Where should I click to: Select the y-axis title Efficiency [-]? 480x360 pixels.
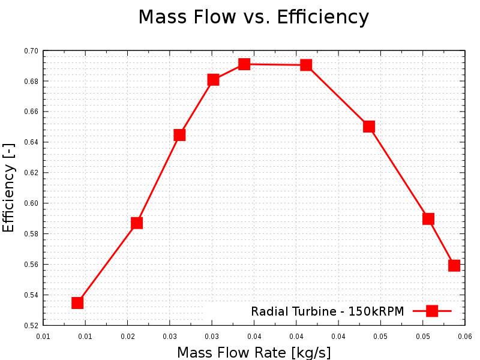8,188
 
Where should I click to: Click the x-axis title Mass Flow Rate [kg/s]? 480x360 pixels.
254,352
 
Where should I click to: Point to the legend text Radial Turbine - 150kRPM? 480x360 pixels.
327,311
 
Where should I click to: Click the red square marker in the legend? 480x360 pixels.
431,311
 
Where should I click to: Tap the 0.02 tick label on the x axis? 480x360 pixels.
127,336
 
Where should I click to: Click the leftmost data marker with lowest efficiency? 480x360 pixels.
77,302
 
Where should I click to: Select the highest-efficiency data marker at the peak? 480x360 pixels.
244,64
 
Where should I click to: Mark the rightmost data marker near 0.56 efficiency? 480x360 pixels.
454,265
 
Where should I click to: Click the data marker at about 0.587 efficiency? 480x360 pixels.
137,223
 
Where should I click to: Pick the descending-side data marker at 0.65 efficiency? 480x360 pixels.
369,126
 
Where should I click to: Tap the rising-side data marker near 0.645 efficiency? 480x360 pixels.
179,135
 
